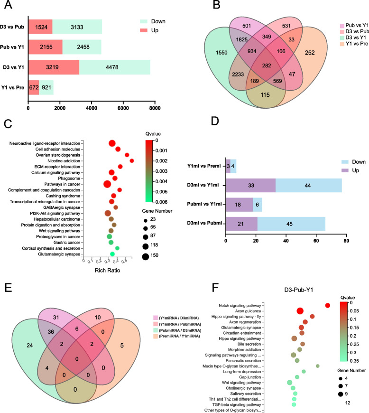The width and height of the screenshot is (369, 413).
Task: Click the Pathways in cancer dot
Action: (107, 184)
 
